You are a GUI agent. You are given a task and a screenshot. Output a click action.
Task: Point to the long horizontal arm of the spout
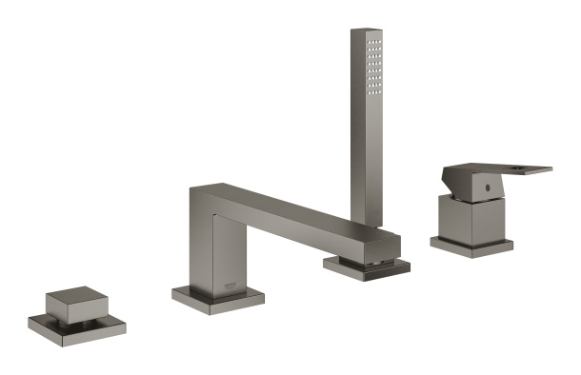[x=286, y=211]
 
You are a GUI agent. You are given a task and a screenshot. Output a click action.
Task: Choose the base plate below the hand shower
[x=368, y=266]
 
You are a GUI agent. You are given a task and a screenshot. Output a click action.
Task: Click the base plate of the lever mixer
[x=471, y=246]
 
